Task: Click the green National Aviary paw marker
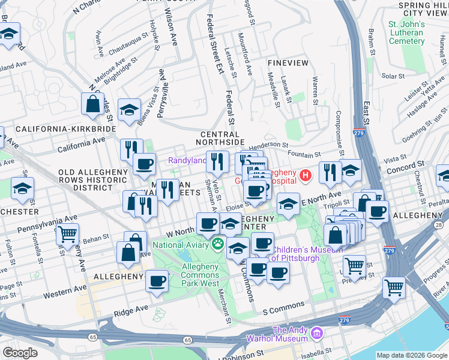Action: [217, 244]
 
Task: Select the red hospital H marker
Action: [306, 175]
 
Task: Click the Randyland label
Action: [187, 160]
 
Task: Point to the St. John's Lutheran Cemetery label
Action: [406, 32]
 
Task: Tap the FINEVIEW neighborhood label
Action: [288, 63]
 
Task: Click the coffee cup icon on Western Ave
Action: [157, 280]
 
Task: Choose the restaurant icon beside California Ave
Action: [131, 149]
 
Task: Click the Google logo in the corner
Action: [20, 353]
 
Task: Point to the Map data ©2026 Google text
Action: [411, 355]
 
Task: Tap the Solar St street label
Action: [393, 76]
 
